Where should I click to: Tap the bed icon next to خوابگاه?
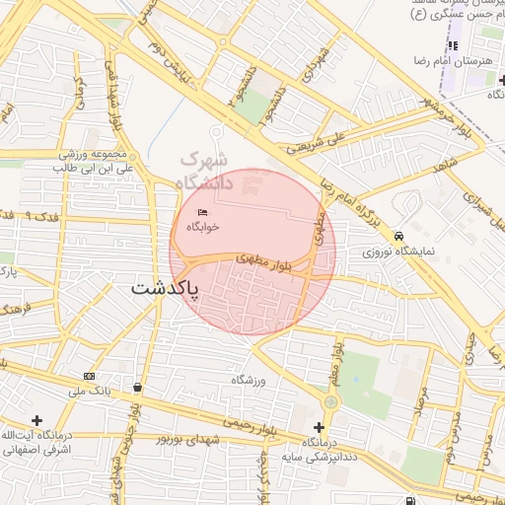pyautogui.click(x=203, y=213)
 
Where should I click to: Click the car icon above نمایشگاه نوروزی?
pyautogui.click(x=398, y=237)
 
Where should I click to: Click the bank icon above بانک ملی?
pyautogui.click(x=90, y=376)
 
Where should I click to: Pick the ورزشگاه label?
pyautogui.click(x=250, y=380)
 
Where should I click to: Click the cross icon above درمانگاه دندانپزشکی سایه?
pyautogui.click(x=318, y=427)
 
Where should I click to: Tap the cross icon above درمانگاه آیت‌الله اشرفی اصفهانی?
pyautogui.click(x=37, y=420)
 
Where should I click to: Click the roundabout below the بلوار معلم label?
pyautogui.click(x=330, y=402)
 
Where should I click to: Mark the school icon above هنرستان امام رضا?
pyautogui.click(x=454, y=45)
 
